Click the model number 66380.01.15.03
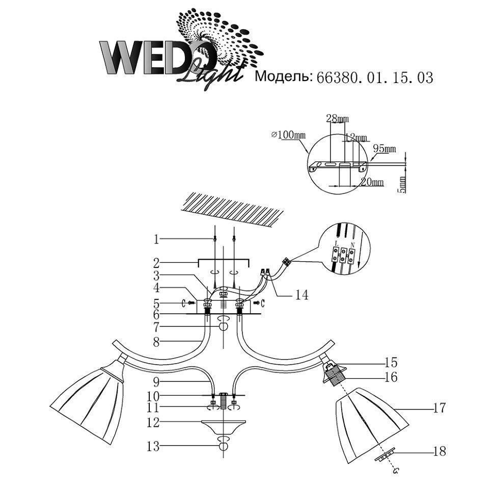375,77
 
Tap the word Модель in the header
283,77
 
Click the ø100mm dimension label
288,135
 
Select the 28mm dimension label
337,119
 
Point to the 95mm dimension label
385,149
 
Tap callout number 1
157,238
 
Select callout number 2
157,263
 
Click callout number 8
157,343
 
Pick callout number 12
153,423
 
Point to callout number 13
153,447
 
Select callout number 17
439,407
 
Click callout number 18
439,451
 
